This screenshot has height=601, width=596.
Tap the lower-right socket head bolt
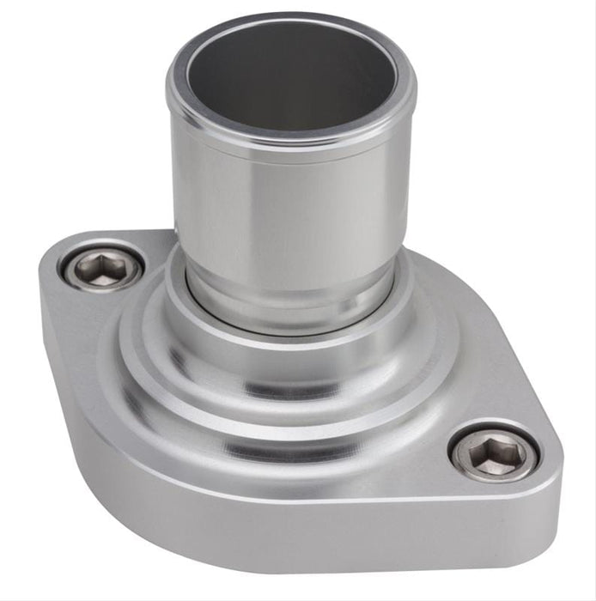point(494,452)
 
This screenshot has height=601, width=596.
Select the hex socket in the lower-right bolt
point(494,453)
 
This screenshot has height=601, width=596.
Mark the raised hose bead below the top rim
point(292,137)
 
